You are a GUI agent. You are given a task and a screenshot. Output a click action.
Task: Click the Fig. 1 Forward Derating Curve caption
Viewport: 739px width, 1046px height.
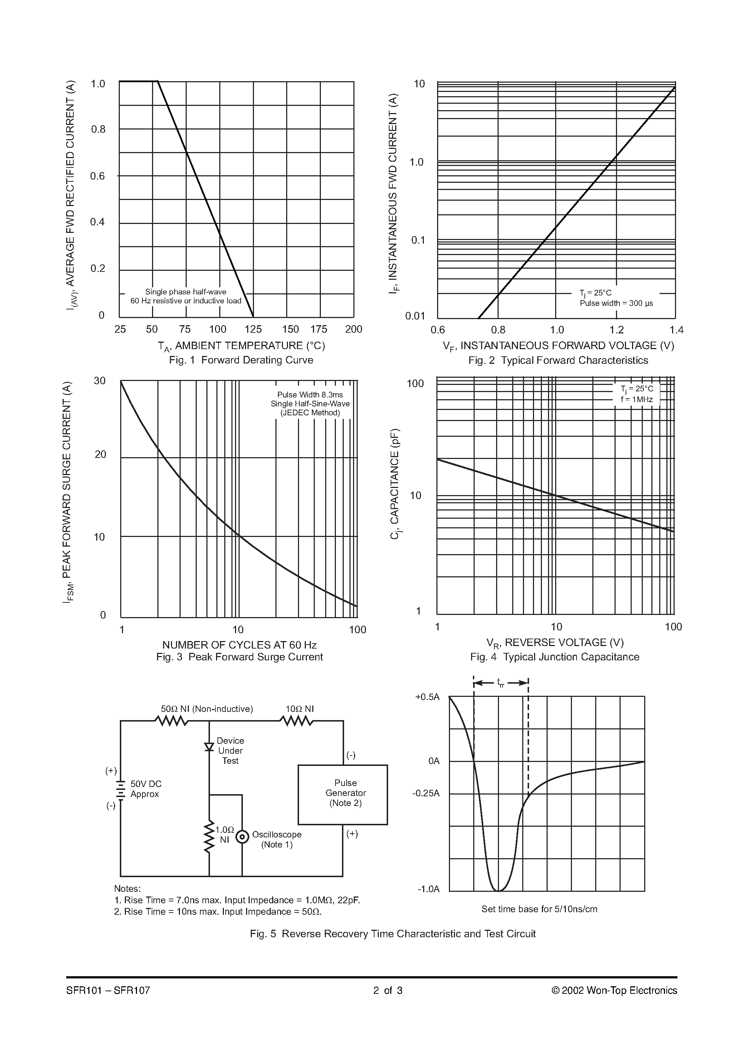[241, 360]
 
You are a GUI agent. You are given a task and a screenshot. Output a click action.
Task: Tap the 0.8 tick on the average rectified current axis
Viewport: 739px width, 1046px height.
[98, 129]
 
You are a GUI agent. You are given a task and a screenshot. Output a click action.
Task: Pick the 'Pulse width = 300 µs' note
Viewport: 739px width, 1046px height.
[616, 303]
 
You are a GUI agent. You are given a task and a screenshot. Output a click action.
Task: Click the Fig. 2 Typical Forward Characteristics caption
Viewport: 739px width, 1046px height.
[558, 360]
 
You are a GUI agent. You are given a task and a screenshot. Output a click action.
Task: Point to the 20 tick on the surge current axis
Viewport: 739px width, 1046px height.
[100, 454]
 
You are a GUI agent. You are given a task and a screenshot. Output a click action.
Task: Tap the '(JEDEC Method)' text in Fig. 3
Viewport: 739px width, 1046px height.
[310, 413]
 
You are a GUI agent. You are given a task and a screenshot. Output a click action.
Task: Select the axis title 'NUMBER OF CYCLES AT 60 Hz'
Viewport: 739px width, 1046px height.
[239, 645]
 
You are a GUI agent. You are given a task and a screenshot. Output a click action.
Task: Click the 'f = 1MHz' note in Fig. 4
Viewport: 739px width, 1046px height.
[636, 400]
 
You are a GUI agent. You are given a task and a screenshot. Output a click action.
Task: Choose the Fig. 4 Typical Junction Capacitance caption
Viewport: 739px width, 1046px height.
[554, 656]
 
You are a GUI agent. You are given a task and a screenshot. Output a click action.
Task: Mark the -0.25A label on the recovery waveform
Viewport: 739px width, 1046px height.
[426, 793]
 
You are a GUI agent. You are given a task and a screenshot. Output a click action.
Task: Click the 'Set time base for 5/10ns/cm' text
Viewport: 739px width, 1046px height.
[539, 909]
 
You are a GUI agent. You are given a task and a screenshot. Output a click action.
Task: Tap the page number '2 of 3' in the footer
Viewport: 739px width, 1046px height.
[388, 991]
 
